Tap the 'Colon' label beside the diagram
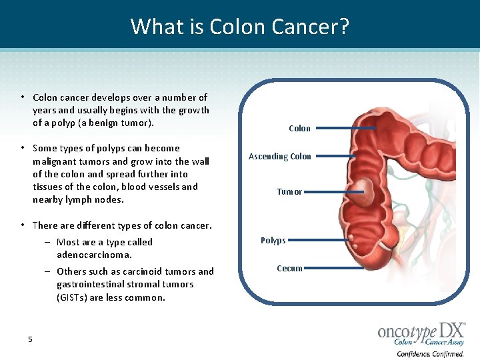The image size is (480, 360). [299, 128]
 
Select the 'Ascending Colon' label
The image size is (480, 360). [279, 157]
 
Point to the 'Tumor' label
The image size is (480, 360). [289, 192]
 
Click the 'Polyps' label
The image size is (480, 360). [273, 241]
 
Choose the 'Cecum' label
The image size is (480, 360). [289, 269]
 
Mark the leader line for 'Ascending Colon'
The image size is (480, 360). [333, 157]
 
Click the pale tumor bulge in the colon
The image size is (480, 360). [363, 193]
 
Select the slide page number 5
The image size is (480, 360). [30, 339]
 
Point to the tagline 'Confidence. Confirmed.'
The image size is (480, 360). [430, 353]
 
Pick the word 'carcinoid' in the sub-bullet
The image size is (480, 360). [139, 271]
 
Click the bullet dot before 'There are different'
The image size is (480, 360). [23, 226]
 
